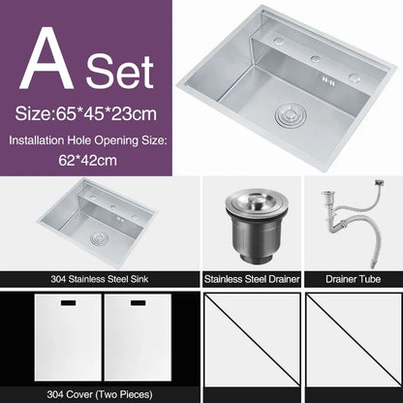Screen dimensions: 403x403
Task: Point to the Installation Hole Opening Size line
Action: click(x=88, y=140)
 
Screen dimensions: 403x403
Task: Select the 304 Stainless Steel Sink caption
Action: click(x=100, y=278)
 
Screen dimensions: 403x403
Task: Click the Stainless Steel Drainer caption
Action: click(x=252, y=278)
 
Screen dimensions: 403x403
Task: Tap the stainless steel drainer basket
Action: click(x=251, y=229)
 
